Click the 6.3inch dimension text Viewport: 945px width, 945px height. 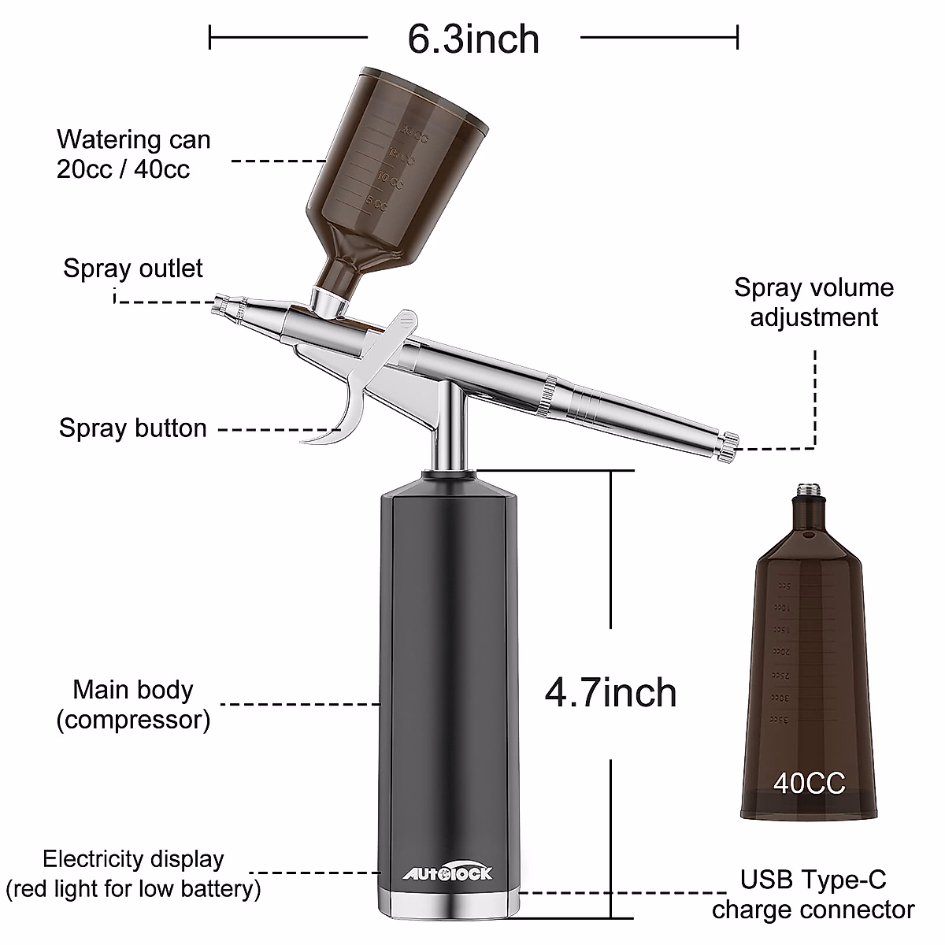click(473, 39)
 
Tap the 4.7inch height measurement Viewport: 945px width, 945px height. click(610, 692)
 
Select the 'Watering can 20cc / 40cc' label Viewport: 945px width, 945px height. click(134, 154)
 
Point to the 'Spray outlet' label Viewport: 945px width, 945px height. click(133, 269)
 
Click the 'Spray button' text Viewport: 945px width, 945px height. click(133, 428)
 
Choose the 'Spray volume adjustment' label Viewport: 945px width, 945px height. click(813, 302)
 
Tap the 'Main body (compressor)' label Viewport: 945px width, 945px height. click(133, 704)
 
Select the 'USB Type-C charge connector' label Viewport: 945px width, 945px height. click(813, 894)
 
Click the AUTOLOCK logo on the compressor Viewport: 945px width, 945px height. click(448, 873)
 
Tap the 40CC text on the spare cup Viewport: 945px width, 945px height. click(809, 783)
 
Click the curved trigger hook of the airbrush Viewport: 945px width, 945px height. click(339, 425)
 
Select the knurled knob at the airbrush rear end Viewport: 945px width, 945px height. click(729, 445)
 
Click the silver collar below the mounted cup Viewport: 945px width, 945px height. click(325, 299)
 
